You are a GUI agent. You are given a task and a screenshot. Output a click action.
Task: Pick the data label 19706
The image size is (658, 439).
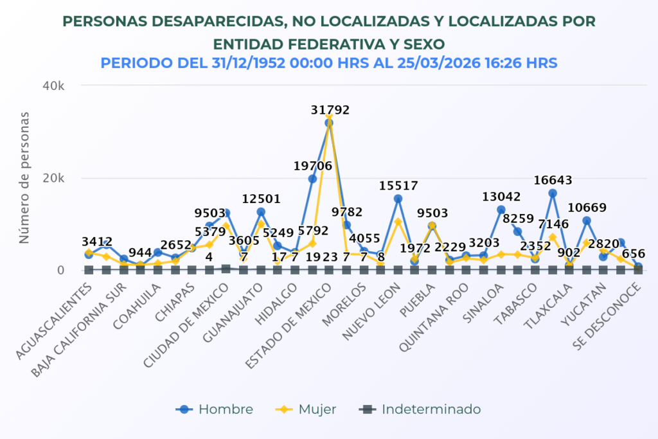click(x=313, y=166)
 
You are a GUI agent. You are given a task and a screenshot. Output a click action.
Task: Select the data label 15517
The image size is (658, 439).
click(x=398, y=186)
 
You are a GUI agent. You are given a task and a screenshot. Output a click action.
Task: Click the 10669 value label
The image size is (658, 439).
click(x=587, y=208)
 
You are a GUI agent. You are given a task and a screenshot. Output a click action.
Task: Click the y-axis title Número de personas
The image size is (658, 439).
click(x=24, y=177)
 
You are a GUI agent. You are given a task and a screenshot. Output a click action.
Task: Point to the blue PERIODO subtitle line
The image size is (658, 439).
click(x=328, y=63)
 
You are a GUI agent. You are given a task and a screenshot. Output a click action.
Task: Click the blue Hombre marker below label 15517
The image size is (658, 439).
click(x=398, y=199)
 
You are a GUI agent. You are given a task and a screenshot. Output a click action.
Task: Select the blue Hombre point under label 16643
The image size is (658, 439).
click(x=552, y=193)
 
